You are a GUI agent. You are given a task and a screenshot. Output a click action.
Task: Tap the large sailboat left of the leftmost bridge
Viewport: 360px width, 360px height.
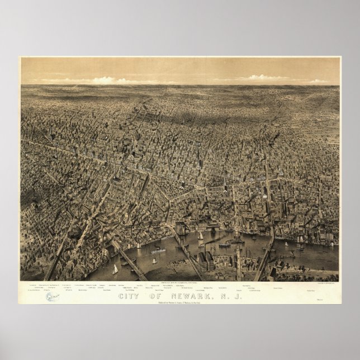[115, 269]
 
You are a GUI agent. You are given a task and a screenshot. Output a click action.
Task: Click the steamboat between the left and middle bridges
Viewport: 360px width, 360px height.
[157, 252]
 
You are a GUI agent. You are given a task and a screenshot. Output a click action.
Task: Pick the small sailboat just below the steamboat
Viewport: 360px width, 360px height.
[154, 260]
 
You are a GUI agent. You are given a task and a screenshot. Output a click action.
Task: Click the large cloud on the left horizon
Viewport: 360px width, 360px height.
[106, 80]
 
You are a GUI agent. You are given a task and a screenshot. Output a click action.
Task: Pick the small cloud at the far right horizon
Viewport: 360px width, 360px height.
[319, 81]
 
